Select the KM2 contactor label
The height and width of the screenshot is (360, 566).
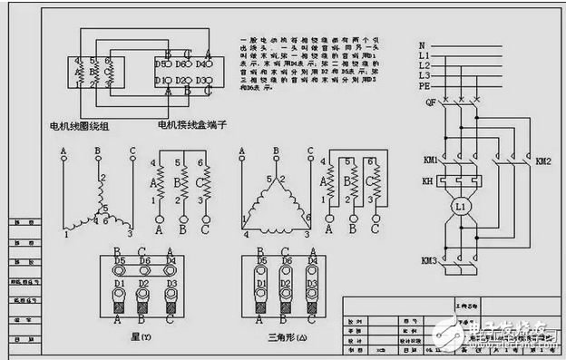click(543, 161)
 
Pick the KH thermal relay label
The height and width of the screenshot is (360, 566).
click(429, 181)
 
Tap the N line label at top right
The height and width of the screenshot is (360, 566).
click(422, 45)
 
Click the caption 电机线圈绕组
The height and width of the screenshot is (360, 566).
click(80, 124)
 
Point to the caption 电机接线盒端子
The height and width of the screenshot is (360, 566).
click(190, 124)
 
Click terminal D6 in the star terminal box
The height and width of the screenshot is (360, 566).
click(143, 261)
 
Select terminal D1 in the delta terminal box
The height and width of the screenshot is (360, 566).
click(262, 283)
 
